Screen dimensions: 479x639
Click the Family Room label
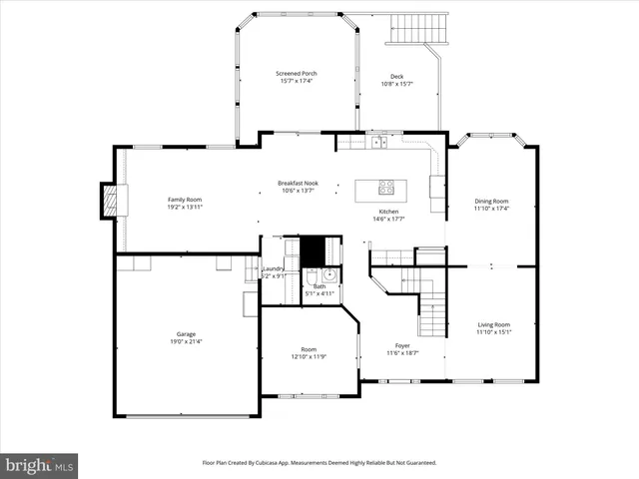185,200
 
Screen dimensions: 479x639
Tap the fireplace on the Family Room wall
111,201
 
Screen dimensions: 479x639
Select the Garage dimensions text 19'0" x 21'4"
186,342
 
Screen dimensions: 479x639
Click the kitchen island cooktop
385,186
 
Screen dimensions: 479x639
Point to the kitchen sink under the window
379,143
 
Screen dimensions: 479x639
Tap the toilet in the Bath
311,276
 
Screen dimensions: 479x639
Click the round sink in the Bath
329,275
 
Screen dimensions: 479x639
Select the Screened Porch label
296,73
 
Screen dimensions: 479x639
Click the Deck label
396,76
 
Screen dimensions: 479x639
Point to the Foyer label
402,345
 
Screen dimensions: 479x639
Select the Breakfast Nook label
298,183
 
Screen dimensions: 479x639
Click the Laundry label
274,268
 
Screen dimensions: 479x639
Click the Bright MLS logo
40,465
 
